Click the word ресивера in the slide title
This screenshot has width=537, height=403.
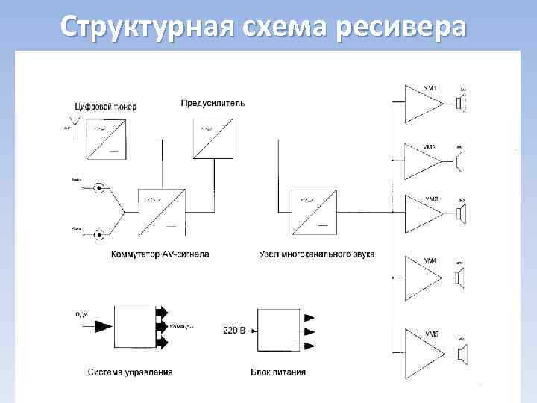pos(403,27)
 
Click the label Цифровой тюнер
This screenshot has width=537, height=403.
pos(106,106)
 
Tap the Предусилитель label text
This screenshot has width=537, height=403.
pos(213,102)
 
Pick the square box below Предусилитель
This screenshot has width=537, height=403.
pos(213,140)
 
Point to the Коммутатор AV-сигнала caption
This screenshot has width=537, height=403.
pos(160,254)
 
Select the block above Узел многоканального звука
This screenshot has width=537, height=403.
pos(313,211)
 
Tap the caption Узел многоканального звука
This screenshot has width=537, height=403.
pos(316,254)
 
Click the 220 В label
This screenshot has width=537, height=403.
pos(234,329)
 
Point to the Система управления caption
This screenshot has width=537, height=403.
pos(131,372)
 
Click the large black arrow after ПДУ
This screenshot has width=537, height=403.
pos(102,325)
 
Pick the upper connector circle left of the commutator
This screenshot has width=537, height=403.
pos(98,188)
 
